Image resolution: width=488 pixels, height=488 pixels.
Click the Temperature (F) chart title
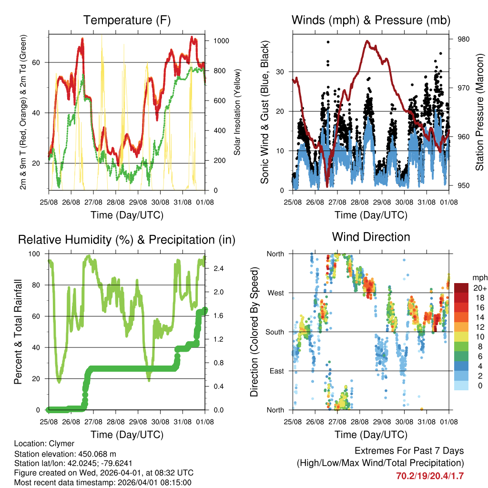[127, 20]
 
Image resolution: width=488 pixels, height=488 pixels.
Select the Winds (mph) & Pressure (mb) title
[371, 20]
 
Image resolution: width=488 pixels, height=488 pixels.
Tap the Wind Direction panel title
[371, 236]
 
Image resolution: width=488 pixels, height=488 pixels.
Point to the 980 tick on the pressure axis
[463, 39]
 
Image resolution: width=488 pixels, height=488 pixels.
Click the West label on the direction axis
[275, 293]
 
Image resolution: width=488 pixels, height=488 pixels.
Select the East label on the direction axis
[276, 371]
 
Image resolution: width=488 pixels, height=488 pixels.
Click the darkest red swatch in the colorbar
[461, 288]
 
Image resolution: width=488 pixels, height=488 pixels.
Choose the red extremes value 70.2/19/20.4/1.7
[429, 476]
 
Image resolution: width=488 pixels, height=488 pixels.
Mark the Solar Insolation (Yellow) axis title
[237, 112]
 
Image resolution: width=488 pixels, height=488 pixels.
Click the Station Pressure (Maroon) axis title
[479, 112]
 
